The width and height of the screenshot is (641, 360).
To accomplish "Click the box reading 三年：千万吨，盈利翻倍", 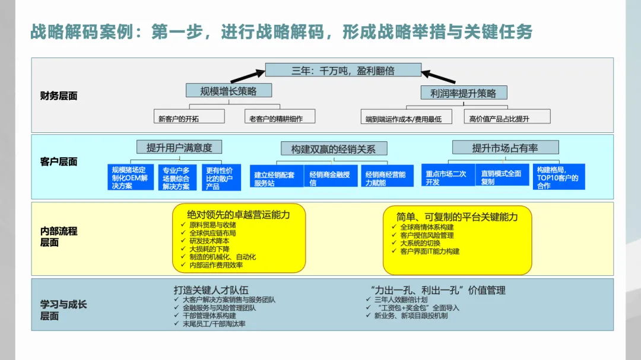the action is (x=343, y=71).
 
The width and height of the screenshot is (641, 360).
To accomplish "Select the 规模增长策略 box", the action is (x=229, y=91).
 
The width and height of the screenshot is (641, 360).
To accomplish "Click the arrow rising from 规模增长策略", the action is (x=247, y=75).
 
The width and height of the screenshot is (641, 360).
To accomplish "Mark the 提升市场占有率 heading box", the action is (x=505, y=148).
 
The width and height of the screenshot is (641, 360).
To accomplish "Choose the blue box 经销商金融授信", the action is (x=330, y=177).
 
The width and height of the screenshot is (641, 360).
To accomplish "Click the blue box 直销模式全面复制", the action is (x=502, y=177).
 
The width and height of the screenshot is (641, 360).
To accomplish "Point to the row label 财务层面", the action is (x=59, y=96).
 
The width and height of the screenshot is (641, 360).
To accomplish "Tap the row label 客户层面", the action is (x=59, y=162).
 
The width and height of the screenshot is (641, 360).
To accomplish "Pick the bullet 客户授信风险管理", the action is (x=427, y=235).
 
